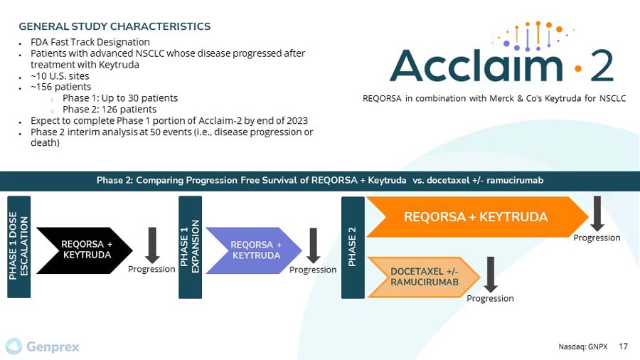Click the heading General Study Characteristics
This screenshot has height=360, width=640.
tap(114, 26)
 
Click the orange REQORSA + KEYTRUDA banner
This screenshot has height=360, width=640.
tap(475, 216)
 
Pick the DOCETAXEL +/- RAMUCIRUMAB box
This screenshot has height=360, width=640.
tap(423, 277)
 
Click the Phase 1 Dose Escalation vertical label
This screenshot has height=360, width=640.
tap(18, 245)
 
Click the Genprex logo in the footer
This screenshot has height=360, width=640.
tap(43, 346)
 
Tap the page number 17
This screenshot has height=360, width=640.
tap(623, 346)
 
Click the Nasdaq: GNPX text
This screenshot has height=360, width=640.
tap(583, 346)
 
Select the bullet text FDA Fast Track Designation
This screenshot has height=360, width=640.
tap(90, 42)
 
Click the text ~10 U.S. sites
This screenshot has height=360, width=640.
tap(60, 75)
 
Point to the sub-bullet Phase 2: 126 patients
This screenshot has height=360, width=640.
tap(110, 109)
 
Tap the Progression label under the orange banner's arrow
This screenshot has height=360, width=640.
tap(597, 238)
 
